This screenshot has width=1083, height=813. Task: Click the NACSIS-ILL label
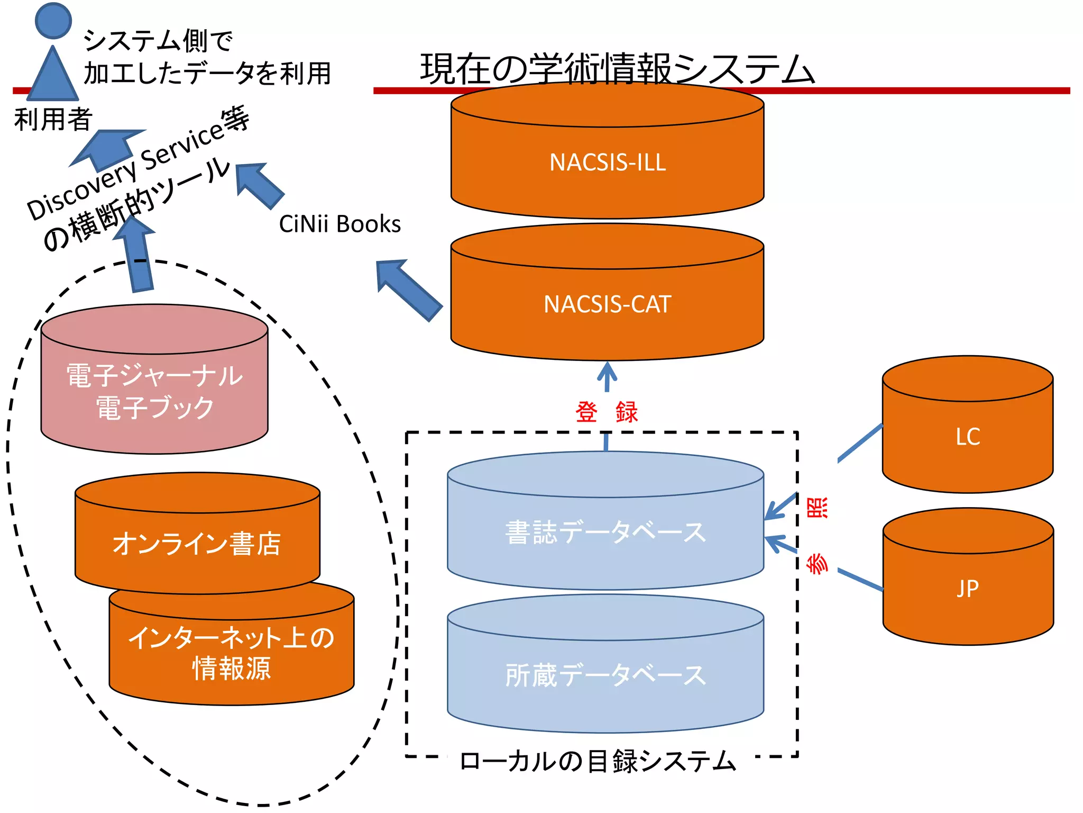click(x=607, y=162)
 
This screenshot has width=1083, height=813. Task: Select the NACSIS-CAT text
click(x=607, y=304)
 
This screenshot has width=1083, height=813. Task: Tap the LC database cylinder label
click(x=968, y=437)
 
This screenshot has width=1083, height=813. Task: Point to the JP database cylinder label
click(x=968, y=589)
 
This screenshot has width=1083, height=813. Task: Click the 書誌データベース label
click(x=605, y=532)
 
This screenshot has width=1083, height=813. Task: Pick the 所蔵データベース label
click(x=605, y=675)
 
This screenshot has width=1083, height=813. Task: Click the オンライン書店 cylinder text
click(x=197, y=544)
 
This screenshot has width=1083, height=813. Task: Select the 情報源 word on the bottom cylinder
click(x=232, y=669)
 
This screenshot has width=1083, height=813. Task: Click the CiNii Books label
click(x=339, y=224)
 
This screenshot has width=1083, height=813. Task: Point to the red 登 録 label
click(x=607, y=412)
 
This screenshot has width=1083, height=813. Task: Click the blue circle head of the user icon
click(x=53, y=20)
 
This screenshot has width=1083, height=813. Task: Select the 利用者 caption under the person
click(x=53, y=119)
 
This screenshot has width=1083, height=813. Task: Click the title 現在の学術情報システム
click(x=617, y=69)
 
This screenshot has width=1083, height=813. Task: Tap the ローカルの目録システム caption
click(x=598, y=761)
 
